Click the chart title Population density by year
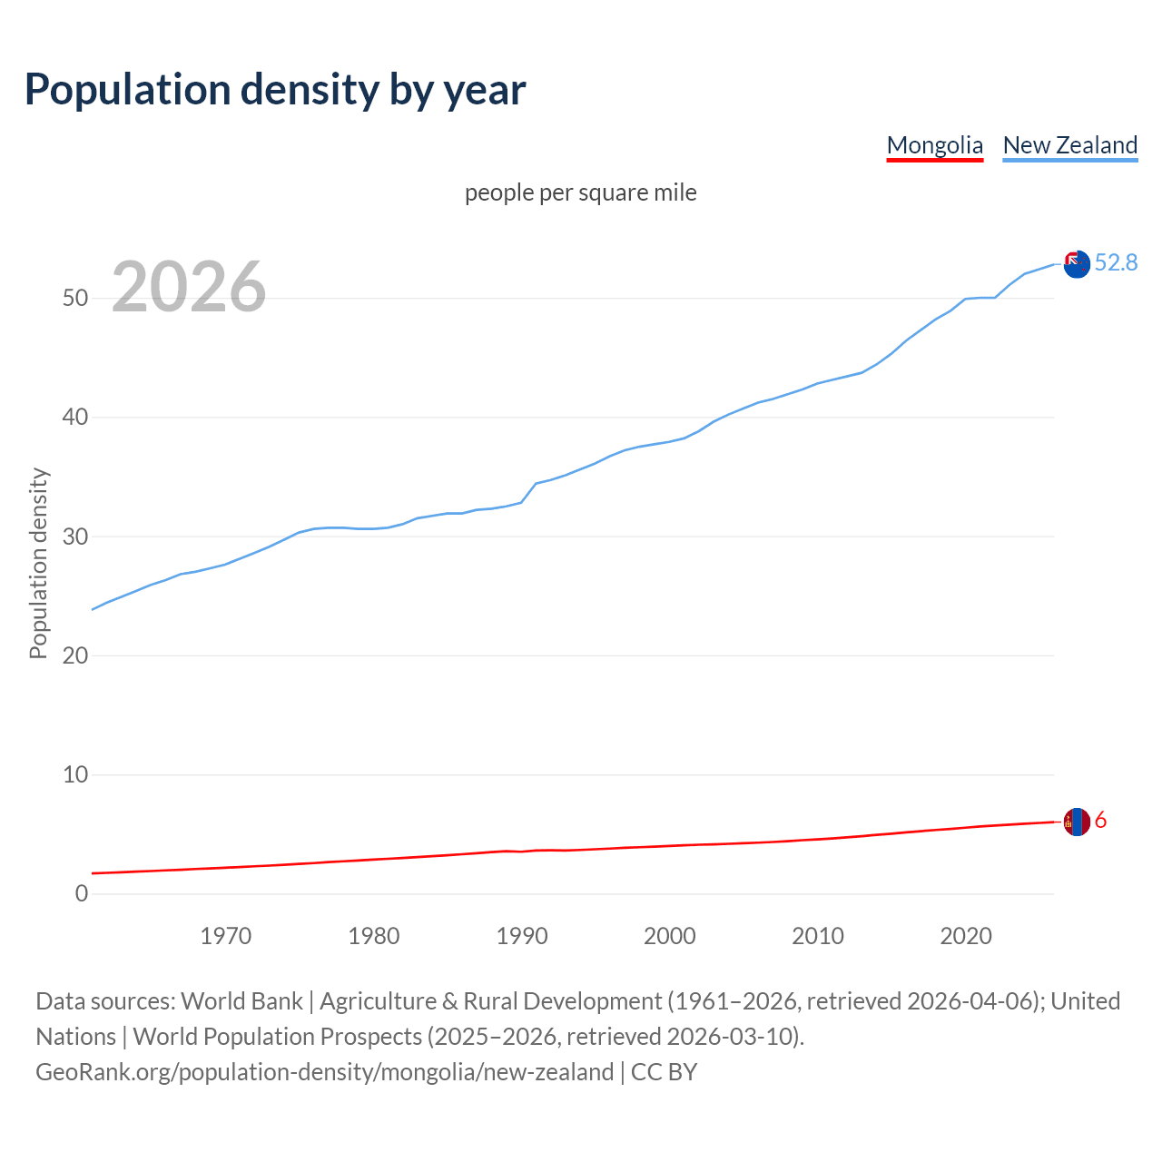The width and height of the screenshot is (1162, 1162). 275,89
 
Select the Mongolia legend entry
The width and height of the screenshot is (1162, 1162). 934,145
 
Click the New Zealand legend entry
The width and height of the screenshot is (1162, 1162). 1069,145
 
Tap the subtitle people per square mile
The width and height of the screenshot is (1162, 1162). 581,192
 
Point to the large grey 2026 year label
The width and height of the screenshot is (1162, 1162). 189,287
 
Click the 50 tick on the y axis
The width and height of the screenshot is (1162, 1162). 75,298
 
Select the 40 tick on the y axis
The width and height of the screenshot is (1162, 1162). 75,418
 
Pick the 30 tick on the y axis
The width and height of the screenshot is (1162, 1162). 75,537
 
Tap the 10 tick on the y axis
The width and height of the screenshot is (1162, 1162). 75,774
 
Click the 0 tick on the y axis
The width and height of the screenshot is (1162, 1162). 82,893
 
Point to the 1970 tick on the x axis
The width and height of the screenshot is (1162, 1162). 225,936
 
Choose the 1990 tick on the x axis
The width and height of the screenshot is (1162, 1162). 522,936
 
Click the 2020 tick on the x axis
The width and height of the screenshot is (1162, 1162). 966,936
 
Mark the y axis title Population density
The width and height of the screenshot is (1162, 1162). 38,563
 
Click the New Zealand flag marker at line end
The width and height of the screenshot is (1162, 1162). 1077,264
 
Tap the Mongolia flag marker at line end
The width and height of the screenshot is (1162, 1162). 1077,822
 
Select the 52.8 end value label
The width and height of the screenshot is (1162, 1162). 1116,262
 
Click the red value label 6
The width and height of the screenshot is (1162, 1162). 1100,821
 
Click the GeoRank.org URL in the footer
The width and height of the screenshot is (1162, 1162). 324,1072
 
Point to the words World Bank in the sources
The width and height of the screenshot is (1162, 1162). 241,1001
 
